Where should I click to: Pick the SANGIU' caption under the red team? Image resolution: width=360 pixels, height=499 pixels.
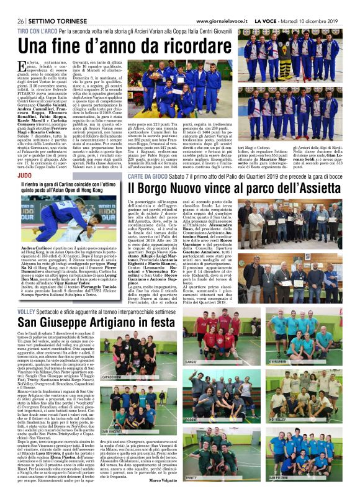point(192,361)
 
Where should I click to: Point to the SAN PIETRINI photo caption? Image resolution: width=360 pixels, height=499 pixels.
point(277,477)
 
